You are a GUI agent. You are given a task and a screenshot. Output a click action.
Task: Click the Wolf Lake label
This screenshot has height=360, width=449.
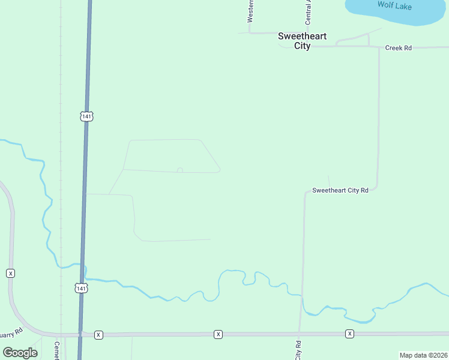coord(394,5)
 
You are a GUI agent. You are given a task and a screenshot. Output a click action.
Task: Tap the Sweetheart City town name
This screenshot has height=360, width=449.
coord(303,41)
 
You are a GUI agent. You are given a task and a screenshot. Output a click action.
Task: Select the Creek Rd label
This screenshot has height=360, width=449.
coord(399,47)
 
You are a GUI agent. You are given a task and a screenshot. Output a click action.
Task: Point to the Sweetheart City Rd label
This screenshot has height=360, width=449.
coord(340,190)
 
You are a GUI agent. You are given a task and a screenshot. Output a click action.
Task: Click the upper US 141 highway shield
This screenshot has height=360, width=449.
coord(87,116)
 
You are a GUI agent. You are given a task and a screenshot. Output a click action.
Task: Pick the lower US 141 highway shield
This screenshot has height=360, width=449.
coord(82,288)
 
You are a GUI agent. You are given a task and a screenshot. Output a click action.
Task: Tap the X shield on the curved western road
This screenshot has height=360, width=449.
coord(10,273)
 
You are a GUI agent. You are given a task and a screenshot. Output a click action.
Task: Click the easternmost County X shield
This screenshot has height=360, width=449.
coord(349,334)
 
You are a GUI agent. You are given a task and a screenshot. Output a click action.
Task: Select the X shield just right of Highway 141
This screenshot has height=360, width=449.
coord(99,334)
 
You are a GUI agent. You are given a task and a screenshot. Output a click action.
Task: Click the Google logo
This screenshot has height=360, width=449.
coord(20,353)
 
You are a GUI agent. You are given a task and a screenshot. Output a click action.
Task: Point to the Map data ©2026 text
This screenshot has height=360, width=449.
coord(423,355)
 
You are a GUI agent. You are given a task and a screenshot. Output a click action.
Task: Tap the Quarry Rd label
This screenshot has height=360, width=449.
coord(10,332)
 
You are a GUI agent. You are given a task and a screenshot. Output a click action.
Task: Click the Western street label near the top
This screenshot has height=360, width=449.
coord(251,11)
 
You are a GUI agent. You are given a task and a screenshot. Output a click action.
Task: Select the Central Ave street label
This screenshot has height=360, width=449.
coord(309,12)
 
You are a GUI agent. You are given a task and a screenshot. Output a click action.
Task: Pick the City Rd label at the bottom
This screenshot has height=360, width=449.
coord(298,350)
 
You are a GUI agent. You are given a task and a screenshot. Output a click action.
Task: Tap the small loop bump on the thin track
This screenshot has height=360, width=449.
coord(179,170)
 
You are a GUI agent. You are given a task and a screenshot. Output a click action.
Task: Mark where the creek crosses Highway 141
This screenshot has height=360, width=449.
coord(84,266)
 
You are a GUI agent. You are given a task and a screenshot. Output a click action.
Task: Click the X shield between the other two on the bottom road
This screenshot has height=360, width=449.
coord(218,334)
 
